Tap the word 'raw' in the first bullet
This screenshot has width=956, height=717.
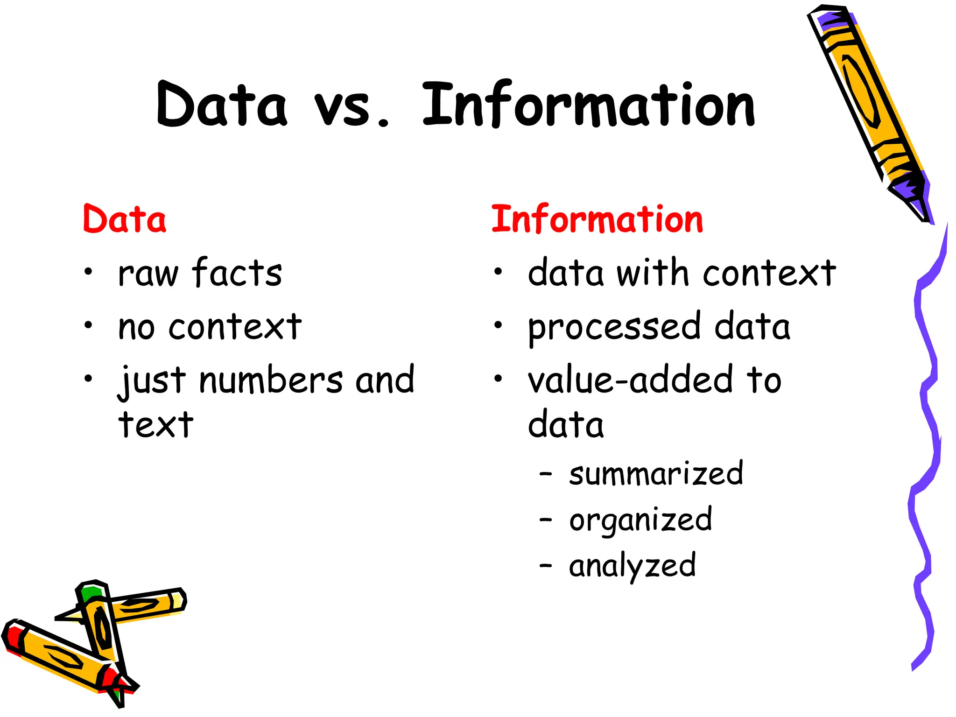tap(148, 274)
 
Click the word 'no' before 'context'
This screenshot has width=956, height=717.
tap(136, 327)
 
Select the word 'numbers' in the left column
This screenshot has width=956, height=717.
tap(271, 380)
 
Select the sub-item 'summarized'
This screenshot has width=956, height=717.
tap(656, 474)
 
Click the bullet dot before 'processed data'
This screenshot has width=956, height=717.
tap(499, 325)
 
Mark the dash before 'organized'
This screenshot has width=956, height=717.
tap(545, 519)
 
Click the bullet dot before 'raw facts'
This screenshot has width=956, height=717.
tap(88, 271)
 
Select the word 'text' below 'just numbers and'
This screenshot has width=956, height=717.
tap(156, 425)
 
